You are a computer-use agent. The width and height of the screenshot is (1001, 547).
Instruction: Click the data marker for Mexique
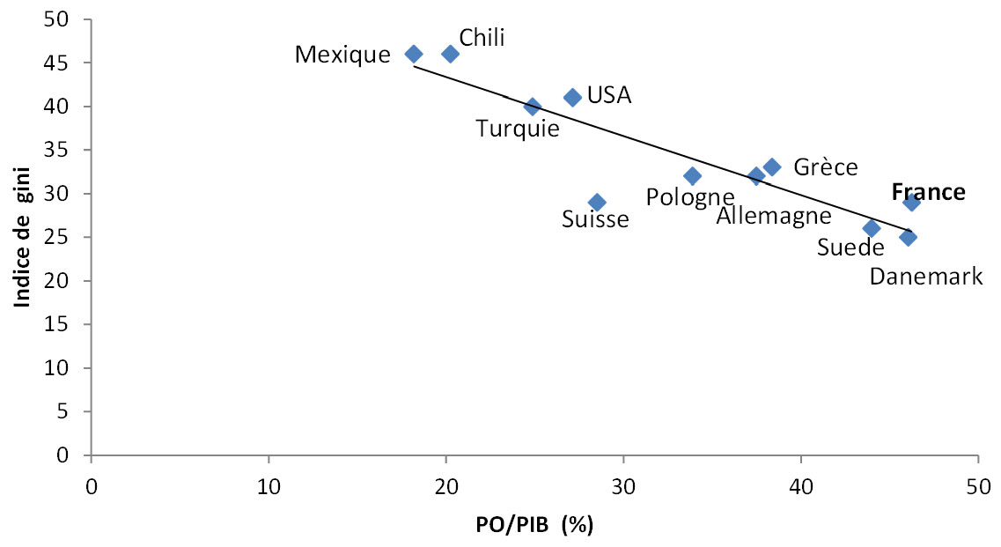tap(413, 54)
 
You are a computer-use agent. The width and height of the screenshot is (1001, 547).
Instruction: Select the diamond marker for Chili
tap(450, 54)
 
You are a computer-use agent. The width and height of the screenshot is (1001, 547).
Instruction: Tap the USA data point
tap(572, 97)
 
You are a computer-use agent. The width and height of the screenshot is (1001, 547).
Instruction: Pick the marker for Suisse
tap(597, 203)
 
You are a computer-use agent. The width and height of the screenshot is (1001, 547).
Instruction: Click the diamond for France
tap(911, 203)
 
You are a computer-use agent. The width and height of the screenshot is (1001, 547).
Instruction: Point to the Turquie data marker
tap(532, 107)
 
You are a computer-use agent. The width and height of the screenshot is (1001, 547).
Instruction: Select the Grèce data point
tap(772, 167)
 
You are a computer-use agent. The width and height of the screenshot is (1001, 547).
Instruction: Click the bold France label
tap(928, 192)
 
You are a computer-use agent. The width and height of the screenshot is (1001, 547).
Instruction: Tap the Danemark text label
tap(925, 277)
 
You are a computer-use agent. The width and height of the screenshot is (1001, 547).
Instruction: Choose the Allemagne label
tap(773, 215)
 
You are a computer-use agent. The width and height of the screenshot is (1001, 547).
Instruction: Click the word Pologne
tap(689, 196)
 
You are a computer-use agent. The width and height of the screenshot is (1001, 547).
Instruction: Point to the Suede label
tap(850, 248)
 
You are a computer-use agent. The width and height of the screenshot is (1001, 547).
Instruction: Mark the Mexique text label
tap(342, 55)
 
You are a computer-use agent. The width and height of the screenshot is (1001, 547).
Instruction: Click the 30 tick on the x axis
tap(623, 485)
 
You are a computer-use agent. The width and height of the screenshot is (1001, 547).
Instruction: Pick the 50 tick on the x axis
tap(978, 485)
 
